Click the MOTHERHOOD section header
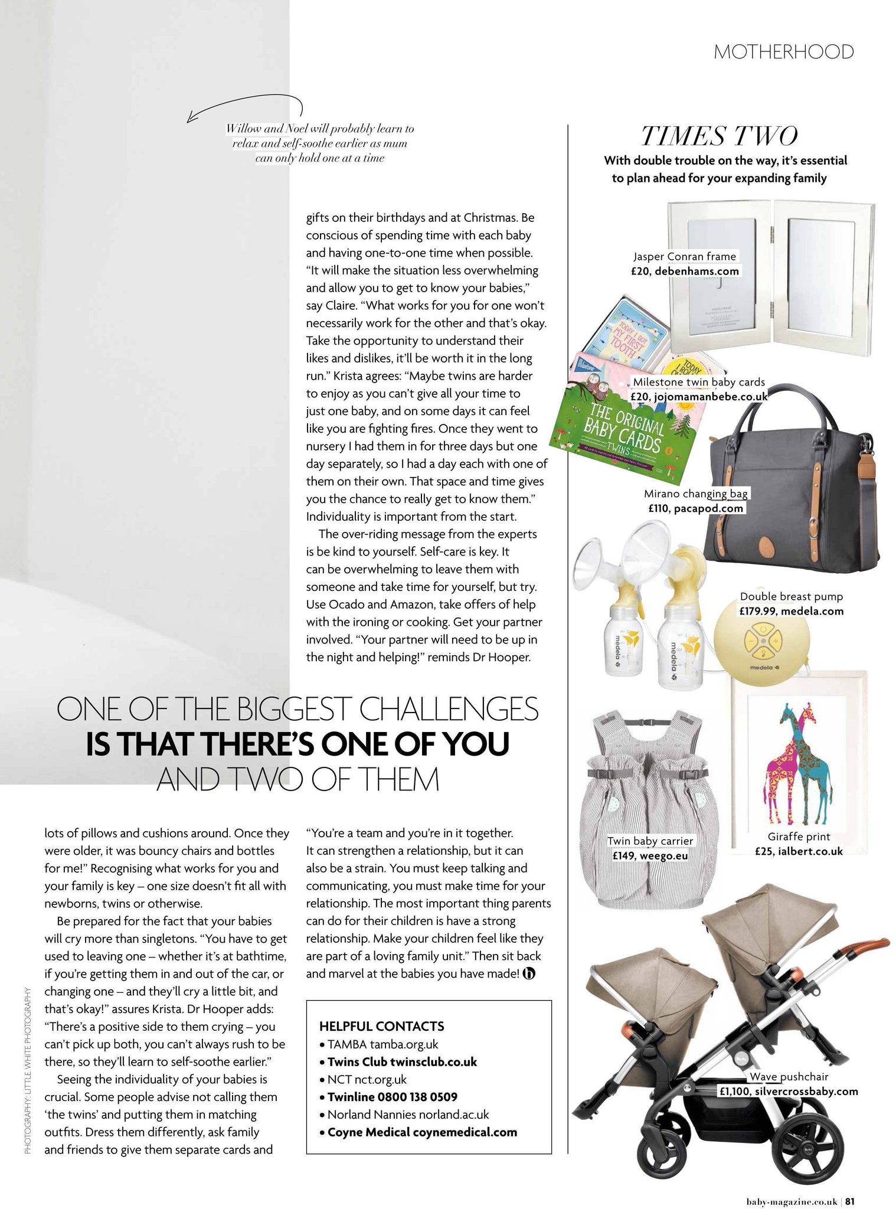[783, 52]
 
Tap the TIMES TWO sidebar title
[719, 136]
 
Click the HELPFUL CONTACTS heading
[381, 1026]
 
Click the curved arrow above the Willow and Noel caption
[244, 106]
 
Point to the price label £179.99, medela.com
[791, 611]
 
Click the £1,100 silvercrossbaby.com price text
[788, 1091]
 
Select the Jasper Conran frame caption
[684, 256]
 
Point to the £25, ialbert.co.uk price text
[799, 851]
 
